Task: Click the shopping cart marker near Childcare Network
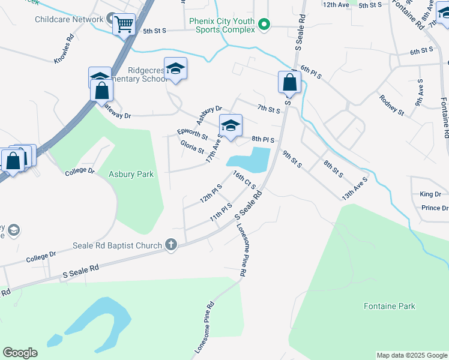(124, 25)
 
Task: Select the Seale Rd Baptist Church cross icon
(171, 245)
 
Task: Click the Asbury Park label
(131, 175)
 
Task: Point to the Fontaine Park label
(390, 306)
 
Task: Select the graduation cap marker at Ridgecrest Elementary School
(175, 68)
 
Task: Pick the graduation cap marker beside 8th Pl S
(231, 125)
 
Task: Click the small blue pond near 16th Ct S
(249, 160)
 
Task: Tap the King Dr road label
(430, 194)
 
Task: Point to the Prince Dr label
(435, 208)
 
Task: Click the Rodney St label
(391, 104)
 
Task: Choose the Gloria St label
(192, 146)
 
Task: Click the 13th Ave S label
(354, 187)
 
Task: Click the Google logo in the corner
(20, 353)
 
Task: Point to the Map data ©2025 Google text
(412, 355)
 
